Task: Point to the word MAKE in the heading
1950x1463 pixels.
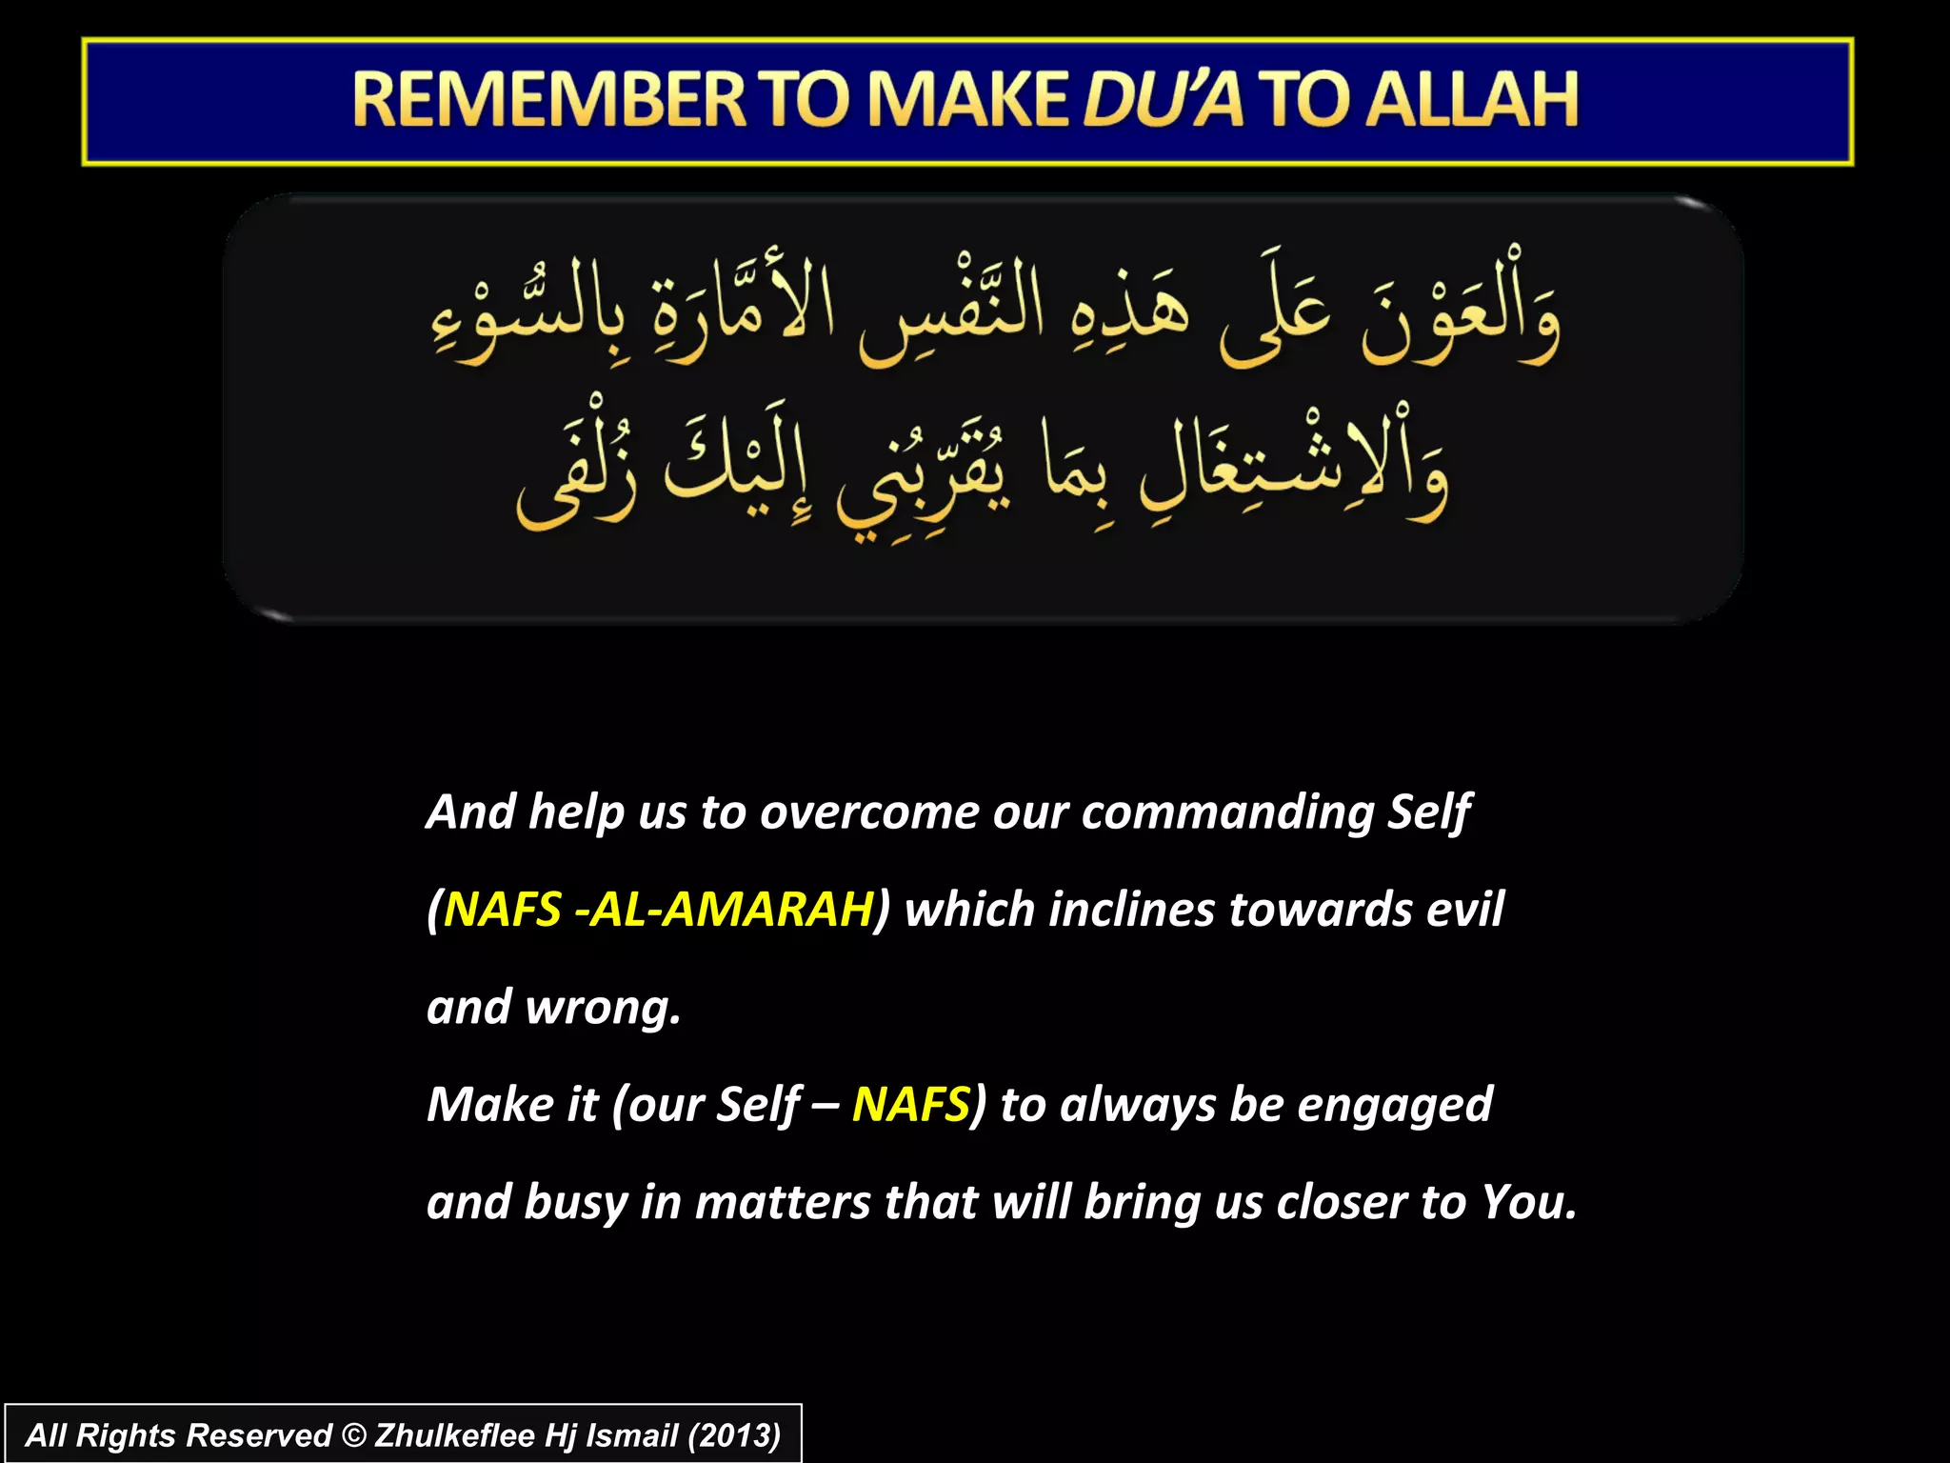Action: (x=967, y=100)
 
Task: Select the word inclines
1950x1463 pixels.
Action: (x=1130, y=910)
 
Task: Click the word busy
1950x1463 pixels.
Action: (x=575, y=1203)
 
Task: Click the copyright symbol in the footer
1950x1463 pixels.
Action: (x=353, y=1435)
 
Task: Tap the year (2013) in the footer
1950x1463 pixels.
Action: (x=733, y=1435)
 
